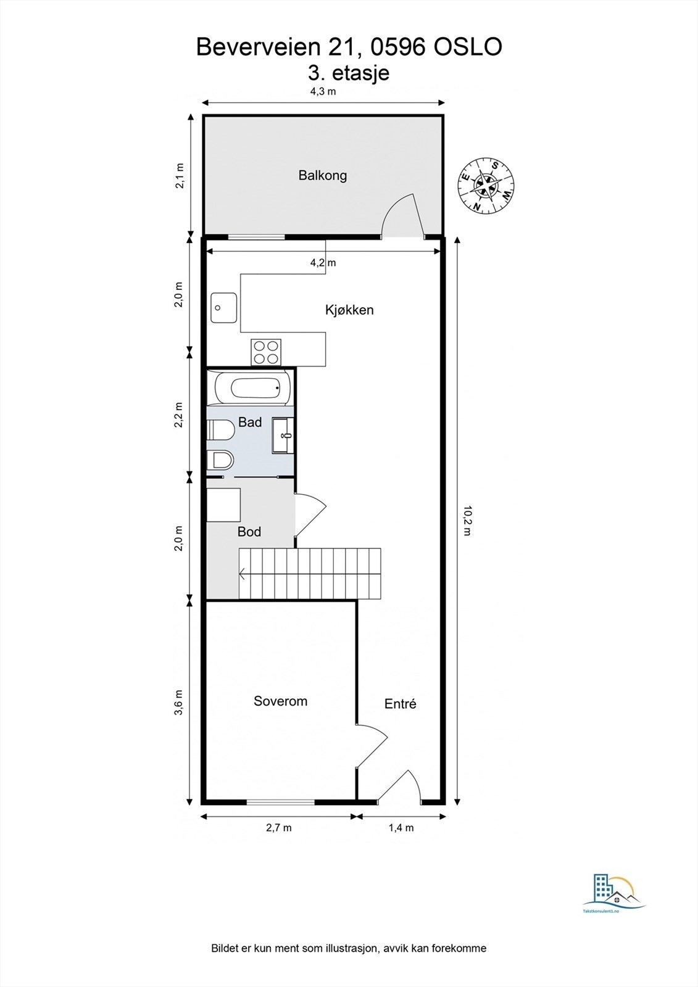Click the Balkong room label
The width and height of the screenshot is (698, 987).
point(322,176)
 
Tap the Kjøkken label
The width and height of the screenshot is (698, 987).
point(349,310)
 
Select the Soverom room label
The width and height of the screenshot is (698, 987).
point(280,701)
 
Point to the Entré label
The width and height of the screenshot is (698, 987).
point(400,703)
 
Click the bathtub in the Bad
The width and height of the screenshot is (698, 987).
point(253,388)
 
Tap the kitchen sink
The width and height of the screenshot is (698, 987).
point(223,308)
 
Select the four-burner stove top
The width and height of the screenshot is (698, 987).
point(266,352)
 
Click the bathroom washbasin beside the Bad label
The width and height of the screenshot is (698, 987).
point(283,436)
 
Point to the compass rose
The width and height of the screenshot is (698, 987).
point(486,186)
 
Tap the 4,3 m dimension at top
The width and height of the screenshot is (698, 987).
point(323,92)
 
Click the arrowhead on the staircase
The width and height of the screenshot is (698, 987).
point(242,574)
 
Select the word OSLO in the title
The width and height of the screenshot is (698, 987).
point(468,47)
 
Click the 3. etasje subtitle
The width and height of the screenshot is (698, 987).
point(349,73)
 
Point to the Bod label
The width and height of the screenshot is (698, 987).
point(249,532)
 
